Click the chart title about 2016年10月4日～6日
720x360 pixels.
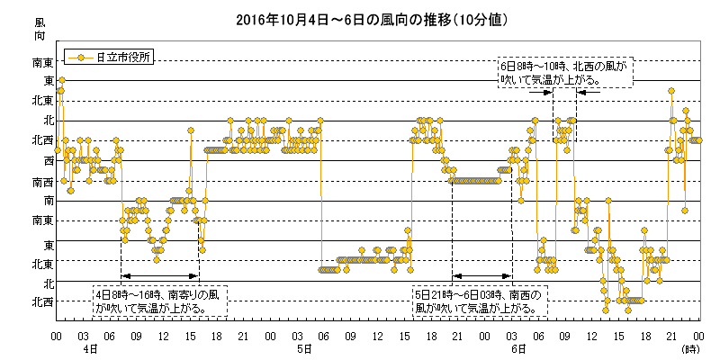[359, 19]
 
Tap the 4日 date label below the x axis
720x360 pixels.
[89, 347]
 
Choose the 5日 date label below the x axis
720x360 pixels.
[303, 347]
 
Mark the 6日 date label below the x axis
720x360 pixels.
[517, 347]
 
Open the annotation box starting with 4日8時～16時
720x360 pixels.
[160, 301]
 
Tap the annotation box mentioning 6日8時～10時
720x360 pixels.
[565, 73]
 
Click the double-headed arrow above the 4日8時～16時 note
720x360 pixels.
[159, 274]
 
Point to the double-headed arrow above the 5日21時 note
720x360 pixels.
[482, 274]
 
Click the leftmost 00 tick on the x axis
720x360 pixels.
[57, 335]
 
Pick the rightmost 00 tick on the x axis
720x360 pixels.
[698, 335]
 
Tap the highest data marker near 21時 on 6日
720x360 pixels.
[671, 90]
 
